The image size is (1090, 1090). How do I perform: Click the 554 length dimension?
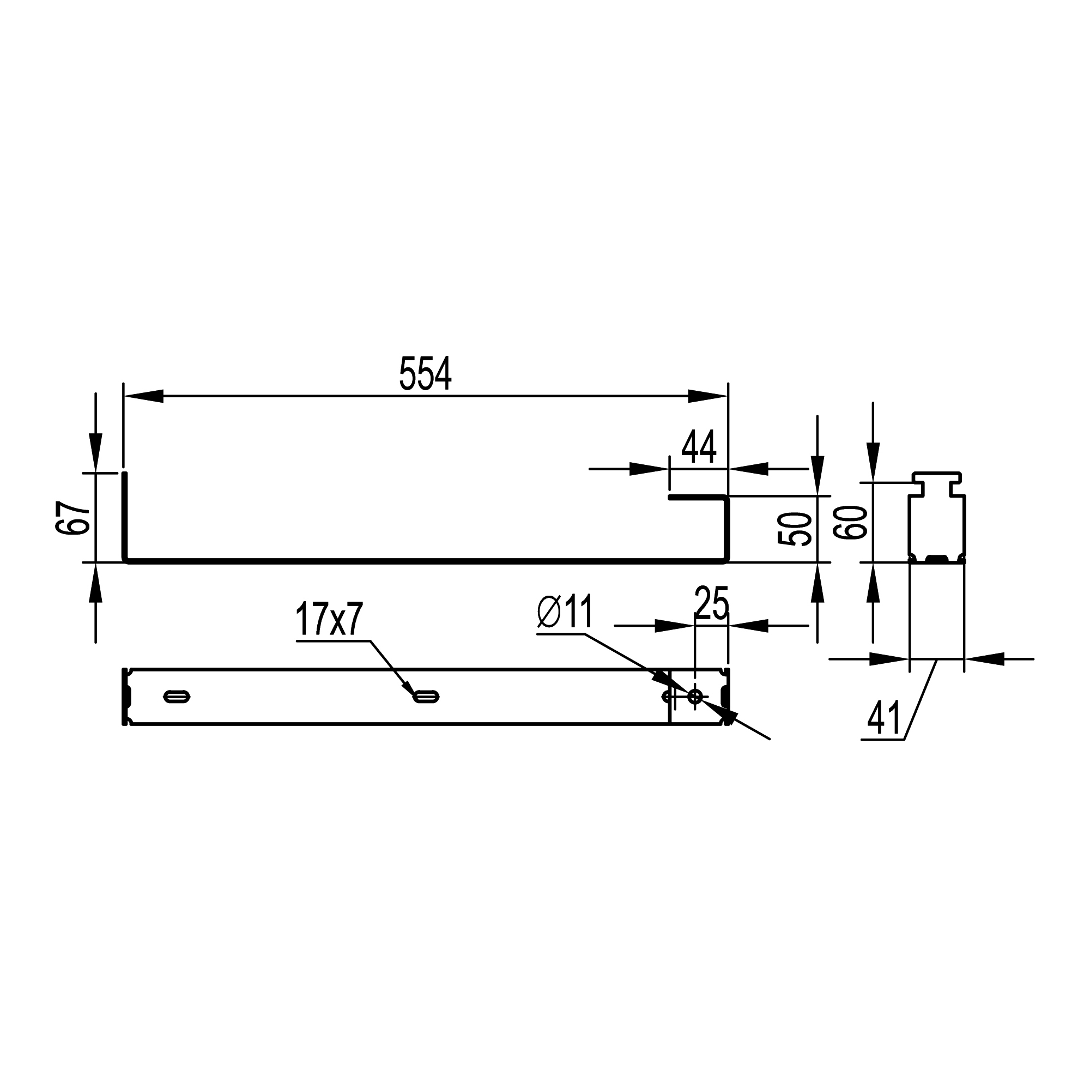425,373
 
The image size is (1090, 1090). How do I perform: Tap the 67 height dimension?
74,517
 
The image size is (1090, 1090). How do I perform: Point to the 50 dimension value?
795,529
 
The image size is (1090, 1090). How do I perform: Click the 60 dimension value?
850,523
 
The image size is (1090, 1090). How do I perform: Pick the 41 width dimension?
884,718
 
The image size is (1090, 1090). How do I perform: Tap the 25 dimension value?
712,603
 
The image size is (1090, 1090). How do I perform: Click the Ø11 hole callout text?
565,612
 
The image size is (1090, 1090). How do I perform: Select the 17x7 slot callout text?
329,619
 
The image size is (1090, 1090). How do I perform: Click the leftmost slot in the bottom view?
177,697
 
